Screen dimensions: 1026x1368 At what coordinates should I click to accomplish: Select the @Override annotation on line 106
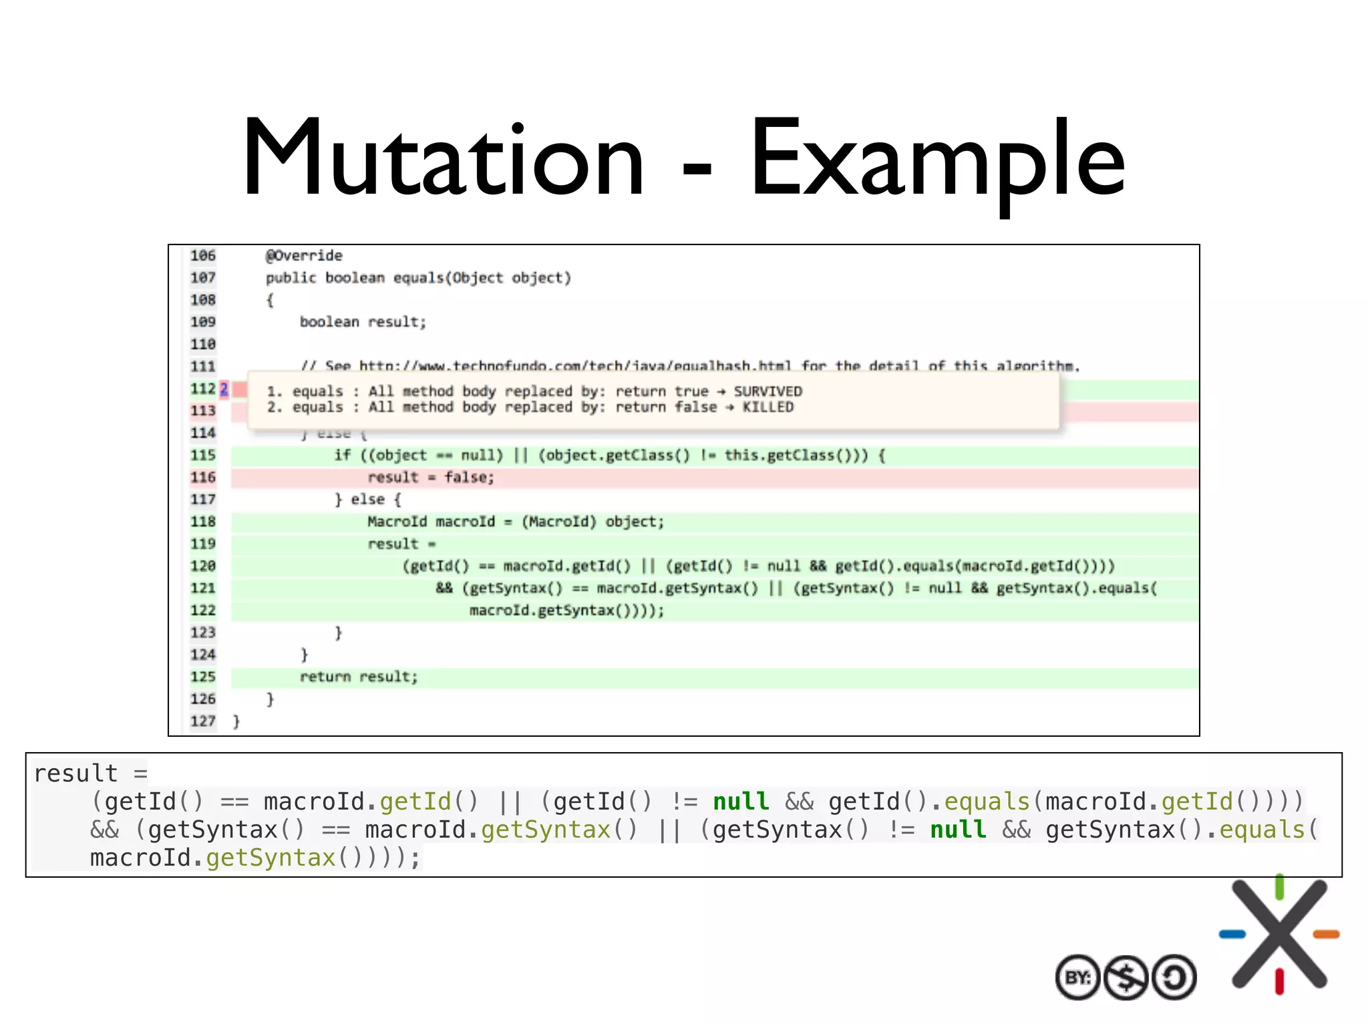(304, 256)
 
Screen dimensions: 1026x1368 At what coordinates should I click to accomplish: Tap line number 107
(203, 278)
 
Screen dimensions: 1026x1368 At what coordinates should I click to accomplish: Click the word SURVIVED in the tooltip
(768, 391)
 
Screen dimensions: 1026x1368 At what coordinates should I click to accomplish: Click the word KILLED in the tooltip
(768, 407)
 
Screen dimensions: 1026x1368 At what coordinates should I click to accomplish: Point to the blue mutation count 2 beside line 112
(224, 389)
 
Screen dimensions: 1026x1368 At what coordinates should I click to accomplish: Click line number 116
(203, 478)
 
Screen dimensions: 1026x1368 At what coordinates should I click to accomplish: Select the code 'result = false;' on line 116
(431, 478)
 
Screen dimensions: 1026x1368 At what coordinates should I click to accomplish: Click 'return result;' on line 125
(359, 677)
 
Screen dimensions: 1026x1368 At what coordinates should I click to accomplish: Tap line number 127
(203, 721)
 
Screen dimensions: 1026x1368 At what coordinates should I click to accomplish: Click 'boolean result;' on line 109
(363, 322)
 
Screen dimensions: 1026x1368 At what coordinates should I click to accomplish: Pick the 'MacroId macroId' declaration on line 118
(431, 522)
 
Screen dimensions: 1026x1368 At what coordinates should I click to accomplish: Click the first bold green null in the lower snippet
(741, 802)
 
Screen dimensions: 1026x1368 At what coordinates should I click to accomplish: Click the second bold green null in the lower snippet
(958, 830)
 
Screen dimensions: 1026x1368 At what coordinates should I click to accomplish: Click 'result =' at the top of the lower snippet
(90, 774)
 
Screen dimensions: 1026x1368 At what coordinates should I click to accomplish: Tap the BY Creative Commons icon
(1077, 978)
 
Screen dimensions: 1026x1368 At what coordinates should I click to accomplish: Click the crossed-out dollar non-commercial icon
(1126, 978)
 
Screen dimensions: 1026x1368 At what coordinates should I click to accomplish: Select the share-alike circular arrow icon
(1174, 978)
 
